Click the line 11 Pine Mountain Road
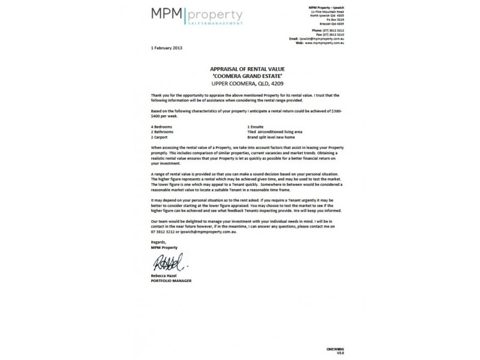(330, 11)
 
